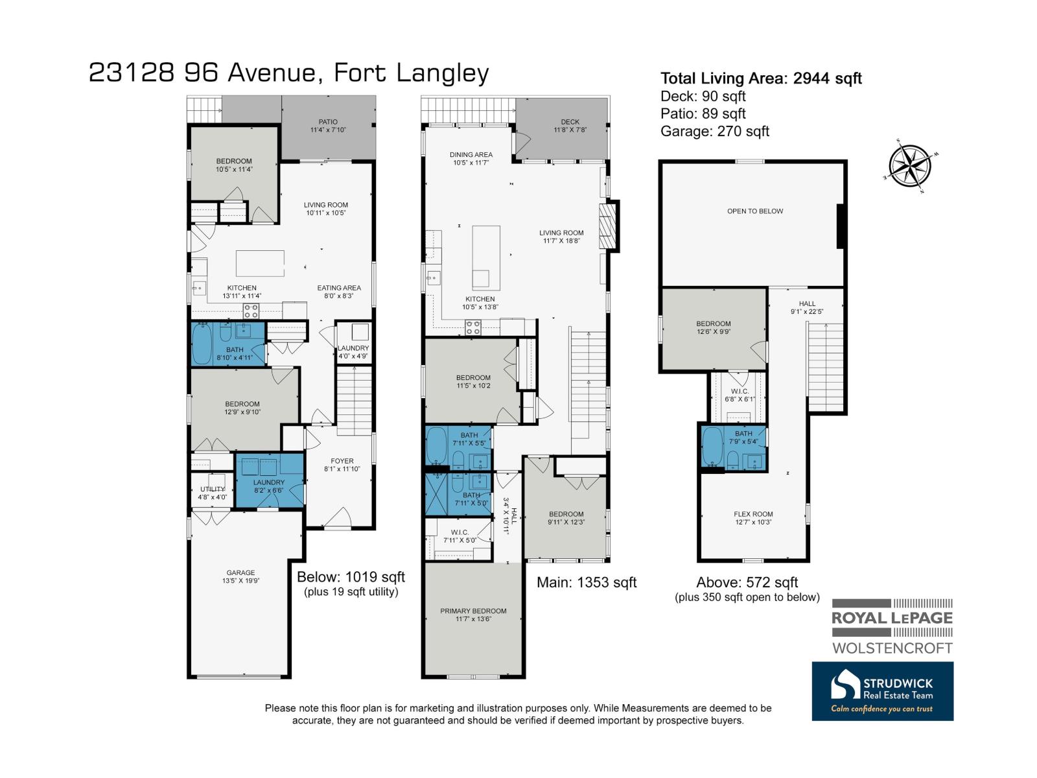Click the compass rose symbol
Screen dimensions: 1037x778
tap(909, 166)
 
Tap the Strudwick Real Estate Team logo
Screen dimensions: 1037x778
tap(882, 692)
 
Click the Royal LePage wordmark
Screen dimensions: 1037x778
tap(892, 618)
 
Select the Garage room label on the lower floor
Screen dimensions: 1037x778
tap(240, 577)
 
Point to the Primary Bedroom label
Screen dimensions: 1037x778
tap(473, 615)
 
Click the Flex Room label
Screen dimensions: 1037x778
tap(753, 518)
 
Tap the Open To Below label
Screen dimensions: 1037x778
tap(755, 211)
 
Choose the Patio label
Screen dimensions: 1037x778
tap(328, 126)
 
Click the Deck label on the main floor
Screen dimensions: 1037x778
tap(570, 126)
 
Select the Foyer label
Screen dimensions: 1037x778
tap(342, 465)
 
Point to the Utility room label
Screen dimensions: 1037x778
tap(213, 493)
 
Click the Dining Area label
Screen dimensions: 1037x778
tap(471, 159)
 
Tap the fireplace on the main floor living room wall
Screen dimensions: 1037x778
tap(609, 226)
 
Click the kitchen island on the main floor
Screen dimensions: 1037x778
tap(486, 258)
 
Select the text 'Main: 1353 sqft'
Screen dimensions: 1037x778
tap(587, 582)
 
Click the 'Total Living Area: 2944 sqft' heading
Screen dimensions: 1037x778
tap(761, 78)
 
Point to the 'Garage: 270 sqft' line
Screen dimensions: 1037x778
tap(714, 131)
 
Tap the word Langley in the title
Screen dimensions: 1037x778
tap(442, 74)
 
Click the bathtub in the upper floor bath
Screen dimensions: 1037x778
tap(712, 447)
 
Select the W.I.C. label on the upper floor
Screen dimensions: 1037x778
tap(740, 395)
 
